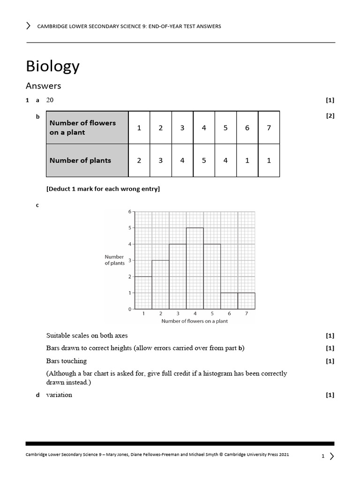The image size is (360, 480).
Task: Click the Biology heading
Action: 52,67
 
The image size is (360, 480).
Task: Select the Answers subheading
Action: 43,86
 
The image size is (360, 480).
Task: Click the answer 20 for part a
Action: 50,100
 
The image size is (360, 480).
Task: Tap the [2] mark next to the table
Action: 330,116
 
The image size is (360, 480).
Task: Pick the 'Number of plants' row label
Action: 80,160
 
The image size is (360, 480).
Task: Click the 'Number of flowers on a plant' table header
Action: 82,127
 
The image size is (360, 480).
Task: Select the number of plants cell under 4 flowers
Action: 204,160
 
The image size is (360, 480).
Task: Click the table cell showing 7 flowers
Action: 269,127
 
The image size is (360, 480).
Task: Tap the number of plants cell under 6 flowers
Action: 247,160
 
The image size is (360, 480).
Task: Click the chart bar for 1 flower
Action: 143,293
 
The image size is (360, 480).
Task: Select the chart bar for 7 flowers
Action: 247,301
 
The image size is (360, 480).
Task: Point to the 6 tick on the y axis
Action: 130,212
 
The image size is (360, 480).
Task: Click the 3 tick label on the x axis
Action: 178,313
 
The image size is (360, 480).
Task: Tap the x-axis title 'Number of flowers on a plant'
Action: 195,321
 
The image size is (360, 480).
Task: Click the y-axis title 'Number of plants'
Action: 114,260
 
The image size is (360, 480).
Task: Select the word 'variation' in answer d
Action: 59,395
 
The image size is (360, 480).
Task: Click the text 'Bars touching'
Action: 67,361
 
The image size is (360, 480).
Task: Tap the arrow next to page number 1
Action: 332,456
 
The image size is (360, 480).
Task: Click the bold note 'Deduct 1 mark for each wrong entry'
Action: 103,189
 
